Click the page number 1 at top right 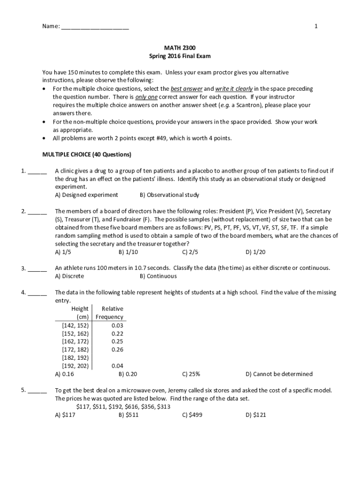coord(316,27)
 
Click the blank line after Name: coord(95,27)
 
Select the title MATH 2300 coord(180,48)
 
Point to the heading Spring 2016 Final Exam coord(180,56)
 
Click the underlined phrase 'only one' coord(147,97)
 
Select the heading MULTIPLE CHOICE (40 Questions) coord(87,154)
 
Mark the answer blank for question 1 coord(37,171)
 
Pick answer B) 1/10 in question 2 coord(128,252)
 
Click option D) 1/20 coord(255,252)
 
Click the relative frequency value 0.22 coord(117,334)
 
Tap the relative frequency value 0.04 coord(117,366)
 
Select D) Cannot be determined coord(279,374)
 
